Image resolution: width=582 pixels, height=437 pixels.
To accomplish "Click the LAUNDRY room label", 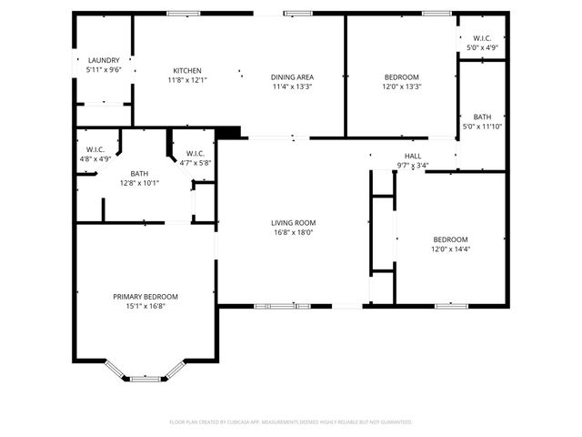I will (x=104, y=60).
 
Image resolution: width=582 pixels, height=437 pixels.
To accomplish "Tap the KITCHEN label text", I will (x=187, y=71).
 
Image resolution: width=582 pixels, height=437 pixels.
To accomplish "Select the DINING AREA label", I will (x=292, y=77).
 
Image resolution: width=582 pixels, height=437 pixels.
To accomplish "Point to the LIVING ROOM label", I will (x=293, y=222).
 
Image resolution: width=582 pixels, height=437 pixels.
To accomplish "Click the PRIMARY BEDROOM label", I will (x=145, y=297).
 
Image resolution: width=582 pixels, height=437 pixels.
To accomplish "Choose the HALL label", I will (x=412, y=157).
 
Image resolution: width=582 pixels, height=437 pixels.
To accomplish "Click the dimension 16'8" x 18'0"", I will (x=293, y=232).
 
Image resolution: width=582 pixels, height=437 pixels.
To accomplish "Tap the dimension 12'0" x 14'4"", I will (x=450, y=249).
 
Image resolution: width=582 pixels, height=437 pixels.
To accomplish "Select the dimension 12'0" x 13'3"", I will (x=401, y=86).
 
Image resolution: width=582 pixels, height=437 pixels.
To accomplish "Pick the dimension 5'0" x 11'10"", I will (x=482, y=126).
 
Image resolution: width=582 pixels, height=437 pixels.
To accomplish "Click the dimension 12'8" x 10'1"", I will (x=139, y=182).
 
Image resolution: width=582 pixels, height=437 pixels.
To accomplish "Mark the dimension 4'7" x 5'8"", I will (x=195, y=163).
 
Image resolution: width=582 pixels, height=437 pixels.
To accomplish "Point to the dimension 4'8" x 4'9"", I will (x=95, y=159).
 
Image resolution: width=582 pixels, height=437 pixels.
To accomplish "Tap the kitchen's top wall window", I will (x=183, y=13).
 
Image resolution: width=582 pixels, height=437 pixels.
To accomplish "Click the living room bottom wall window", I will (x=281, y=306).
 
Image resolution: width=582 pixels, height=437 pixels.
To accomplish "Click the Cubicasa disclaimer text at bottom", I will (x=291, y=422).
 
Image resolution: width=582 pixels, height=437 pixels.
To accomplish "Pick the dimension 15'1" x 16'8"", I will (x=145, y=307).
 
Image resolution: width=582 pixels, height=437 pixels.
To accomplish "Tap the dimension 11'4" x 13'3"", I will (x=292, y=87).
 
